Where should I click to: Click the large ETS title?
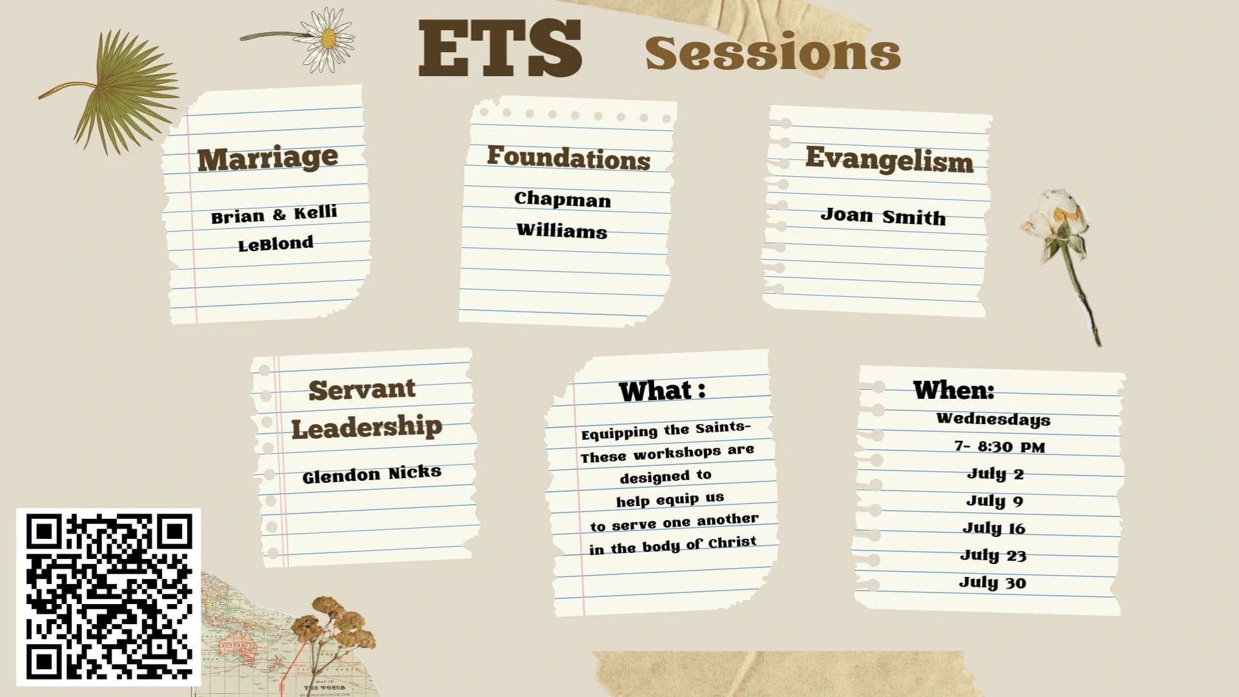pos(500,49)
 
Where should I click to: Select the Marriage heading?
pos(268,158)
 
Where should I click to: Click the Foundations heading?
pos(569,157)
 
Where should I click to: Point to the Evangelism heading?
pos(889,159)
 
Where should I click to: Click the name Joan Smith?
pos(883,216)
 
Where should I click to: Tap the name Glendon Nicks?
pos(372,474)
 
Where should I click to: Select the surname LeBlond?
pos(276,244)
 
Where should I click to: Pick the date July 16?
pos(994,528)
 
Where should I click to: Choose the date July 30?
pos(992,582)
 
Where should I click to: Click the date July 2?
pos(995,474)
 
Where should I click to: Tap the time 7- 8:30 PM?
pos(1000,447)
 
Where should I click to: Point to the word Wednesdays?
pos(993,419)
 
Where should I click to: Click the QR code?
pos(108,597)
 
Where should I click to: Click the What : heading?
pos(662,391)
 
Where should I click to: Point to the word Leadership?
pos(367,427)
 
